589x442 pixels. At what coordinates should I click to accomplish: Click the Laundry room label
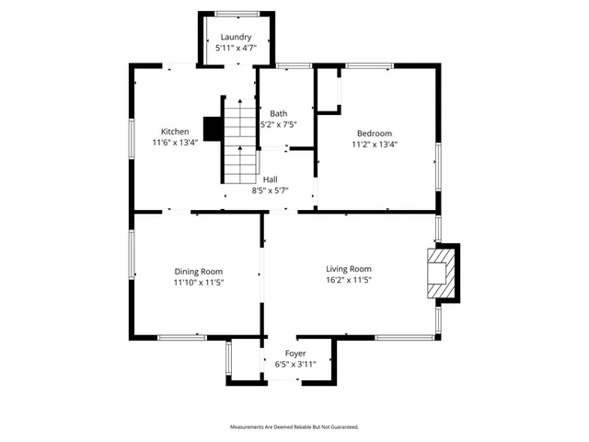point(236,37)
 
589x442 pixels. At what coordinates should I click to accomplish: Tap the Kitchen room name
point(175,131)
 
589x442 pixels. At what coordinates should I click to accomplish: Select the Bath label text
point(278,113)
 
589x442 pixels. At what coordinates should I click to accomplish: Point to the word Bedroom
point(375,134)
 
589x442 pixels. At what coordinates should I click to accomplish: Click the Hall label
point(271,180)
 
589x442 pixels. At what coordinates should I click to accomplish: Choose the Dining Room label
point(199,271)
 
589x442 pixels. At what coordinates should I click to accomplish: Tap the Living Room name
point(349,268)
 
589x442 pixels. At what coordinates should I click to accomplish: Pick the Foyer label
point(295,354)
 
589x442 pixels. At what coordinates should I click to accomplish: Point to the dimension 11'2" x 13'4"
point(375,145)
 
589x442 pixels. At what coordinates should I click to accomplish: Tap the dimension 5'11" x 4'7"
point(236,48)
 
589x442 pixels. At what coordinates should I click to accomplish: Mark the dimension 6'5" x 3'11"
point(295,365)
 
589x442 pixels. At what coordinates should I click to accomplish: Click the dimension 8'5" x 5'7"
point(271,191)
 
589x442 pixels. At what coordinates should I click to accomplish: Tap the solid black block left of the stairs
point(212,129)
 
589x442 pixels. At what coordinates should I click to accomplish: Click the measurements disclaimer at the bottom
point(294,427)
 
